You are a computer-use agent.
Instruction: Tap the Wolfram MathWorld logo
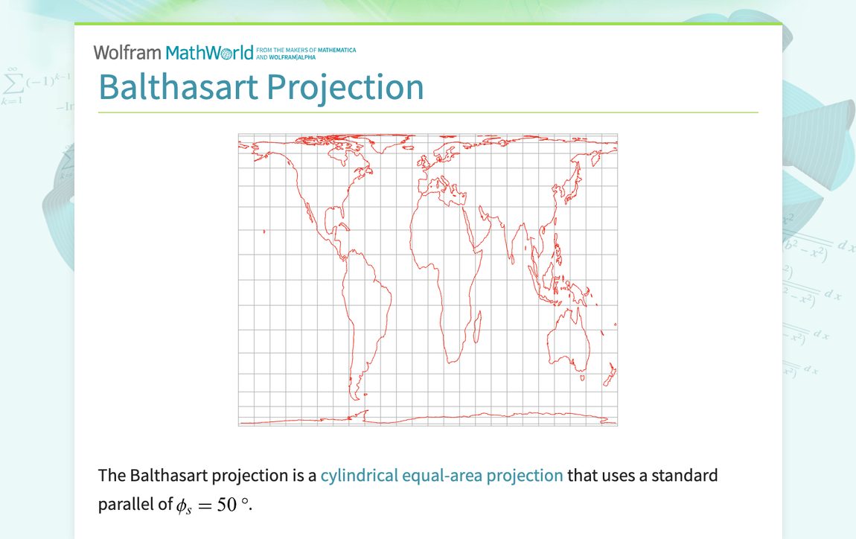(173, 52)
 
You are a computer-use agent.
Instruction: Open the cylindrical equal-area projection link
(441, 475)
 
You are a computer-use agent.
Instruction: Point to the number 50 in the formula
(226, 505)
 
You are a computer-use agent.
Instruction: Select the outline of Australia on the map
(569, 339)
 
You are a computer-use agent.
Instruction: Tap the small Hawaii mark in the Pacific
(264, 232)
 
